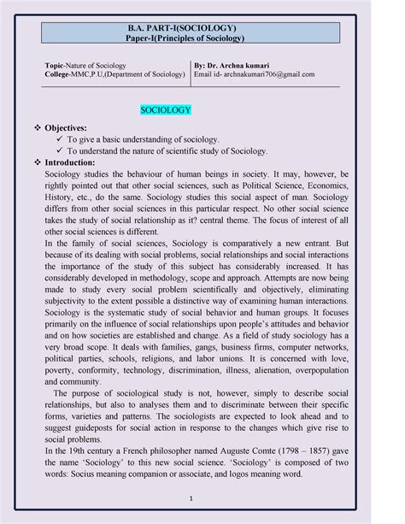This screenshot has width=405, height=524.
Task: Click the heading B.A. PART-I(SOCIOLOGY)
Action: pos(202,28)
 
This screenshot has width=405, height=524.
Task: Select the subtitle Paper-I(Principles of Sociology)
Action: pos(202,38)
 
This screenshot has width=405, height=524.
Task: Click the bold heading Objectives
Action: pos(81,125)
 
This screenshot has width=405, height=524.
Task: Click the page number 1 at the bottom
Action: pos(202,498)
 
